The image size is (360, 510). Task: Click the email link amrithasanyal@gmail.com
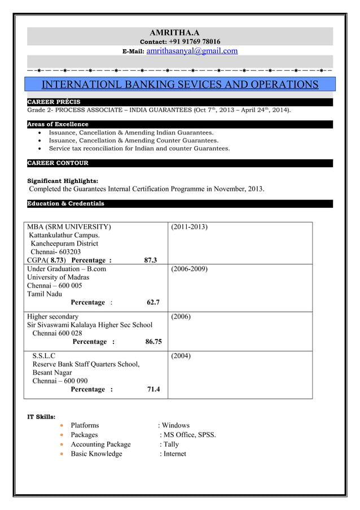192,51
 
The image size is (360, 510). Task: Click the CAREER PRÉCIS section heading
54,102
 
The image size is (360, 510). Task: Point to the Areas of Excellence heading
58,124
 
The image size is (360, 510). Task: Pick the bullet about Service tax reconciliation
139,148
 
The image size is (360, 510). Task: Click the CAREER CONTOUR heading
58,163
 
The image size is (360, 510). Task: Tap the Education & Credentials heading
66,203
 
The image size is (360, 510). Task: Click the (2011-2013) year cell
189,226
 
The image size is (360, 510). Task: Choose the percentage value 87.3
151,260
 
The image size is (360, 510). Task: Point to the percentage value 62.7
153,302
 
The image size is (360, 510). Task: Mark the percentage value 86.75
153,341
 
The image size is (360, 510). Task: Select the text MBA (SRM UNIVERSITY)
69,226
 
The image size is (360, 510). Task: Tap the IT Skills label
42,417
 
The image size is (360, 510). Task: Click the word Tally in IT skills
171,444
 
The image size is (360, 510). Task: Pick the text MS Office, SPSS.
189,435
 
